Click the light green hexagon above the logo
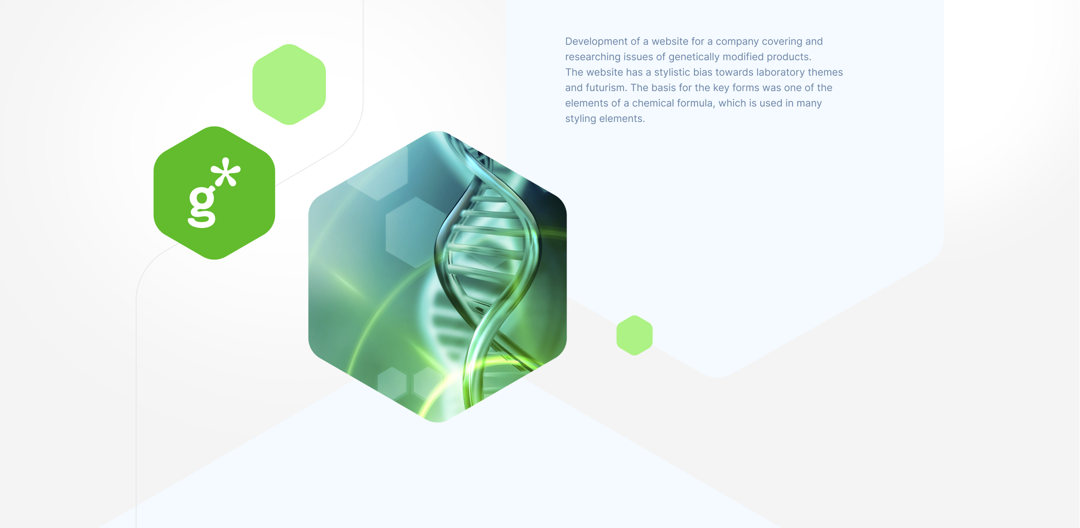tap(289, 84)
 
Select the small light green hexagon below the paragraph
tap(634, 336)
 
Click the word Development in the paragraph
tap(596, 42)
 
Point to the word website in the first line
tap(671, 41)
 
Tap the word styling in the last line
tap(581, 119)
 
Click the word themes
tap(825, 72)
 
